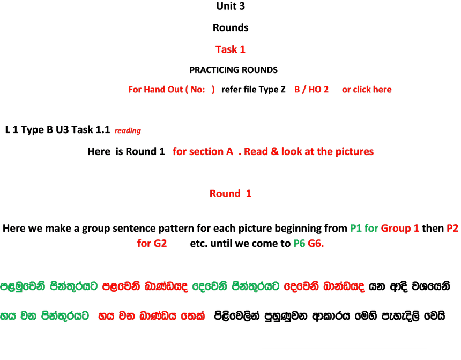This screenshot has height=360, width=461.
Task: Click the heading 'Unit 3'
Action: click(230, 6)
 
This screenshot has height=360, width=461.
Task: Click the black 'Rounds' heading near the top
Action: click(230, 28)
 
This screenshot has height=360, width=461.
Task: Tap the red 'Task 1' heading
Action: click(230, 49)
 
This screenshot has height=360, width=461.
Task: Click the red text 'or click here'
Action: click(367, 89)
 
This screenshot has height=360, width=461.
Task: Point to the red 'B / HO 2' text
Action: click(311, 89)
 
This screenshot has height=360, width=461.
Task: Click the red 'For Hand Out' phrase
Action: click(155, 89)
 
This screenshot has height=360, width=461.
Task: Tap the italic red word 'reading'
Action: click(128, 130)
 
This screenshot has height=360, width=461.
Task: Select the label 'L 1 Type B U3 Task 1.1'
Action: click(58, 129)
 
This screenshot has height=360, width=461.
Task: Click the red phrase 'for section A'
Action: click(203, 151)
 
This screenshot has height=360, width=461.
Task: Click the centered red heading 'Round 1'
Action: click(230, 193)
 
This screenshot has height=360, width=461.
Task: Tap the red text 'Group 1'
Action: click(400, 228)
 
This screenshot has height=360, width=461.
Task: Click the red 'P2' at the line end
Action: click(452, 228)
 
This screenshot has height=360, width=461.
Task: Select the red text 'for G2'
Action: click(152, 243)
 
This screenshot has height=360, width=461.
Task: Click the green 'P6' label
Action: click(299, 243)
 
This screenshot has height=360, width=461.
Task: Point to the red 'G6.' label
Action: click(316, 243)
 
